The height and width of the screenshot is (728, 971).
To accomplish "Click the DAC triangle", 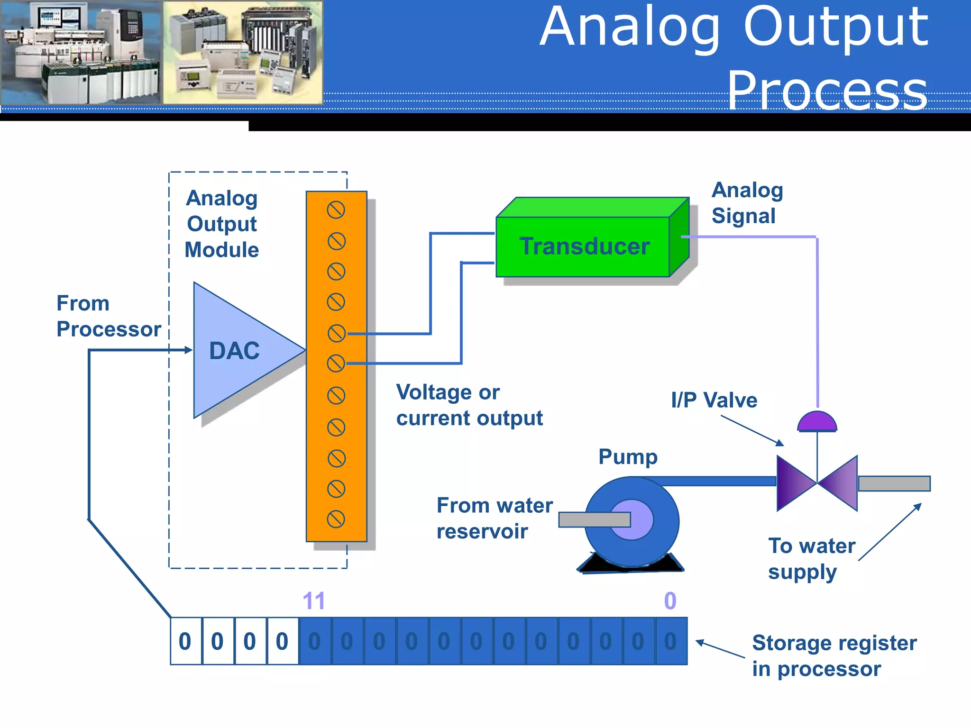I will click(237, 351).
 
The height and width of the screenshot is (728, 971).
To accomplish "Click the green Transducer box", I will click(583, 246).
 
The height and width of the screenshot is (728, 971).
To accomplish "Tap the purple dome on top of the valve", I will click(817, 422).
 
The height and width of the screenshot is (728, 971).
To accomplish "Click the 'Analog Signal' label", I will click(747, 203).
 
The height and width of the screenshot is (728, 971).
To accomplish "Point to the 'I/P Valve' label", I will click(714, 400).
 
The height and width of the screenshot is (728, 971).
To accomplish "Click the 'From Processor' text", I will click(108, 316).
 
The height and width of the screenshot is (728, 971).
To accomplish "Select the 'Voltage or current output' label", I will click(469, 405).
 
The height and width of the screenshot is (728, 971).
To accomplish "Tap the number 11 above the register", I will click(313, 601).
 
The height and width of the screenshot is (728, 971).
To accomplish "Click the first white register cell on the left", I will click(185, 641).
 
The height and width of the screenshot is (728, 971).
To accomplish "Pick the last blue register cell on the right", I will click(670, 641).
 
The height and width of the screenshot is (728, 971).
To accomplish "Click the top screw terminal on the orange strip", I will click(336, 210).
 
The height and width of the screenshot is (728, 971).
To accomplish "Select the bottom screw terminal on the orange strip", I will click(336, 519).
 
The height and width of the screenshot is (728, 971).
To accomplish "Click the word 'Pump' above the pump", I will click(628, 457).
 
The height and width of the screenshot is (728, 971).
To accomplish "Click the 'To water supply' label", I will click(811, 559).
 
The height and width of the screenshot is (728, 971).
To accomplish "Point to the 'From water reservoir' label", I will click(494, 518).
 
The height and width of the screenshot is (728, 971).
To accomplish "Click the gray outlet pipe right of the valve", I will click(894, 483).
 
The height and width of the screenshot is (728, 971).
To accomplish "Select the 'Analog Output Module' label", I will click(221, 224).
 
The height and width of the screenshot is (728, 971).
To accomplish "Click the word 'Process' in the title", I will click(827, 90).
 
